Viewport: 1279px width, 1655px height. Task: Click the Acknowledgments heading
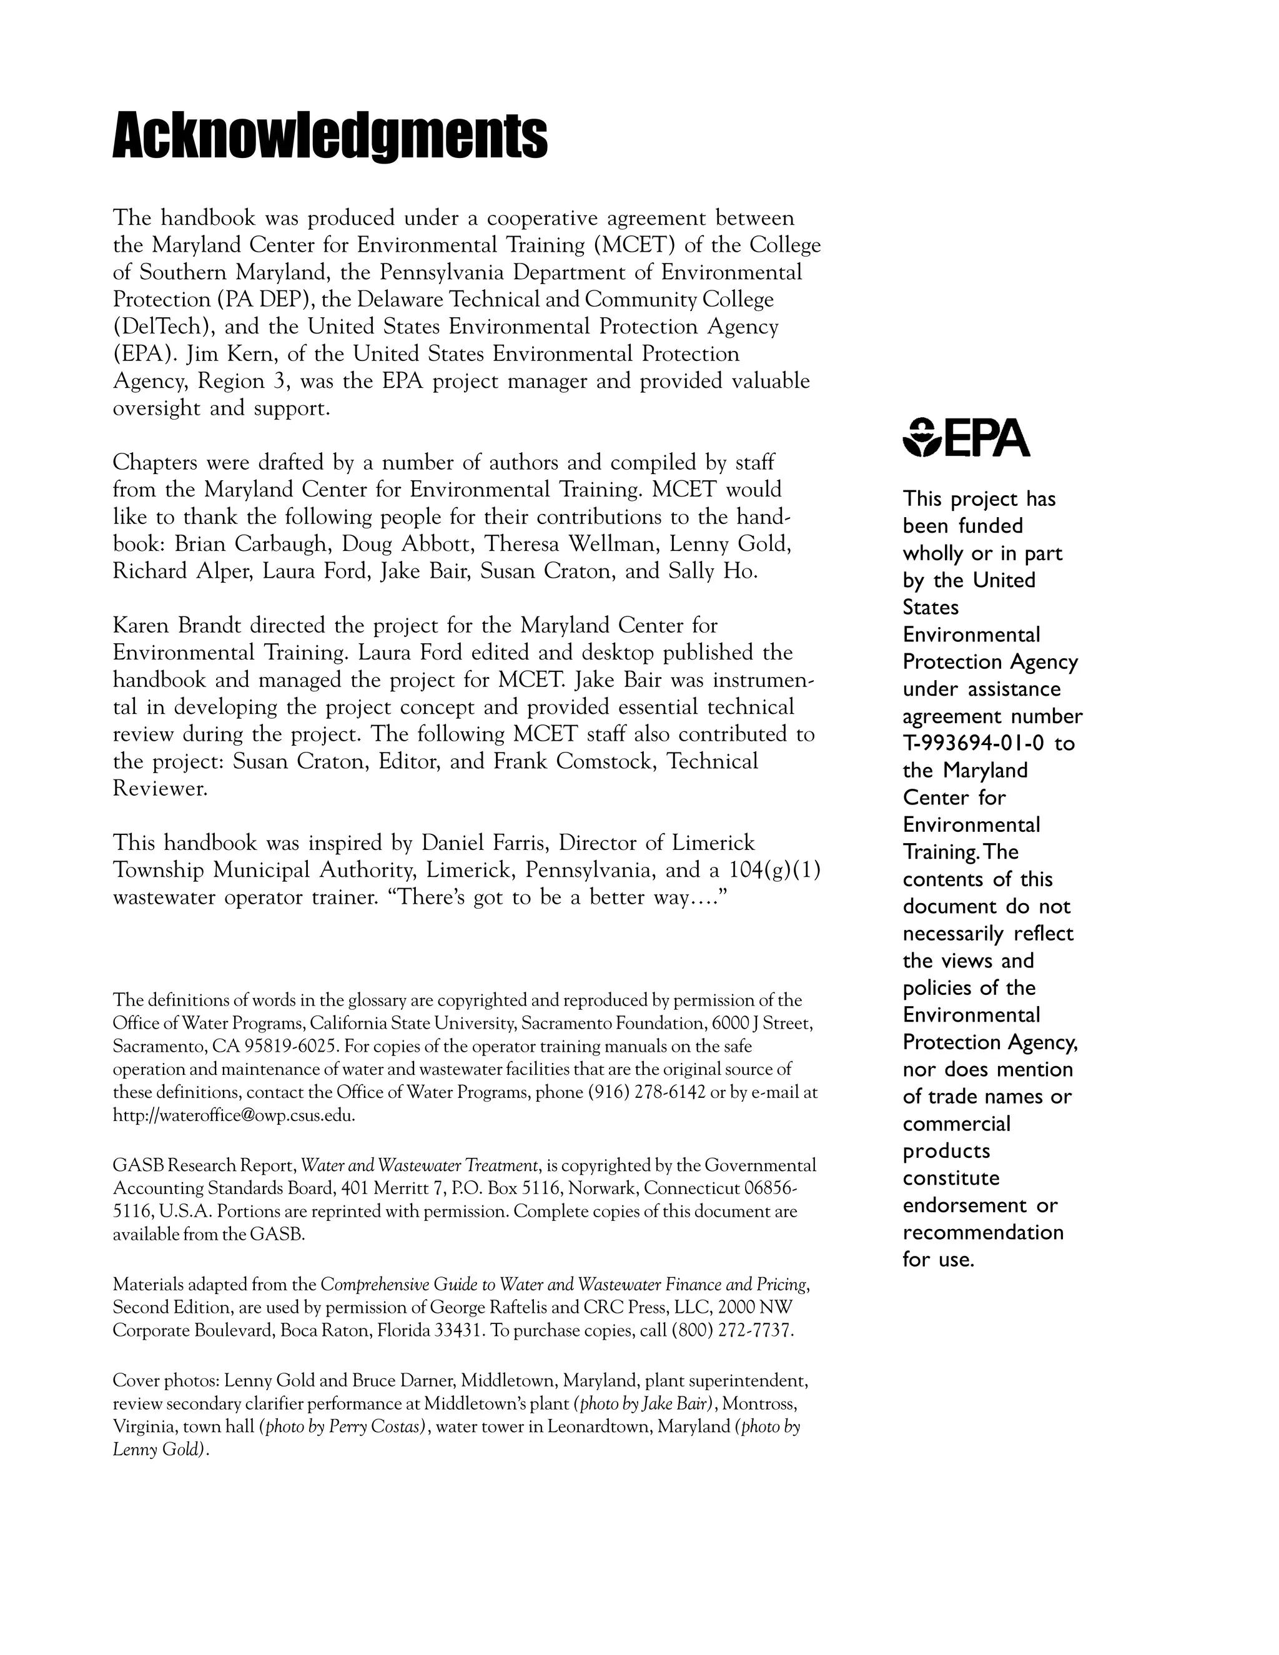click(330, 136)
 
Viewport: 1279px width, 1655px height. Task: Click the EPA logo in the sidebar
click(966, 438)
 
